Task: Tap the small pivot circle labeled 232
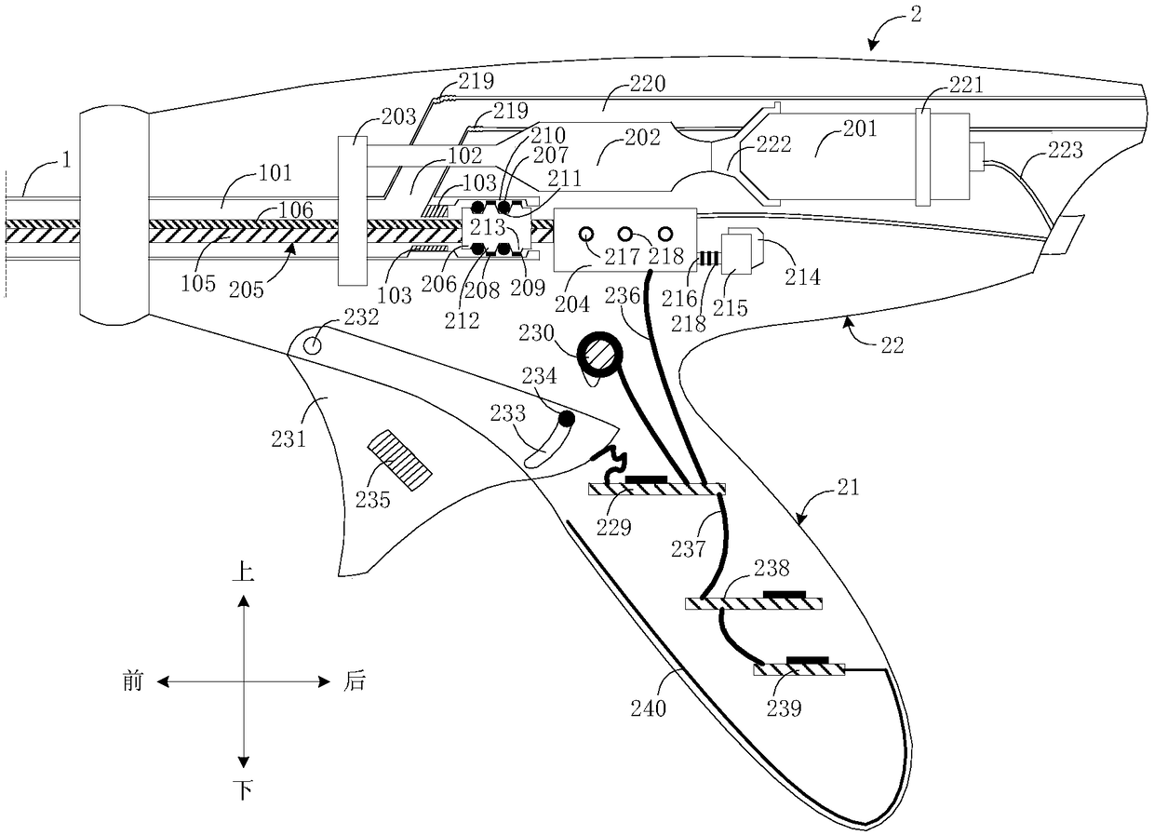pos(314,344)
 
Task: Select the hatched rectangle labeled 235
pos(400,462)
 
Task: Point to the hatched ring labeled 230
pos(600,357)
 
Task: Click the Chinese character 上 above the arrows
pos(243,572)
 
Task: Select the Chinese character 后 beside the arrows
pos(354,682)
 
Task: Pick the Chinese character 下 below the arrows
pos(243,791)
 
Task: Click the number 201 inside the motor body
pos(859,129)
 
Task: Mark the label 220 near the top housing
pos(621,85)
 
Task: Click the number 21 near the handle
pos(848,487)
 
